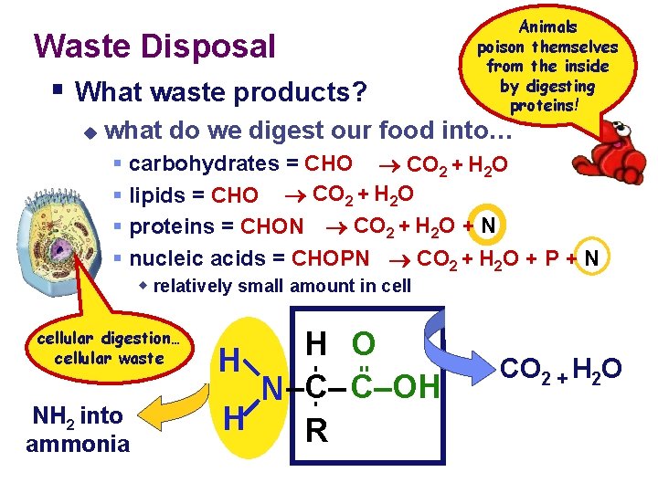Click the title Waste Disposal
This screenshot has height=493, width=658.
coord(154,46)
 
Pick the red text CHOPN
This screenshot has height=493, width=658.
coord(330,258)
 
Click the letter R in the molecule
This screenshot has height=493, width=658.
coord(317,430)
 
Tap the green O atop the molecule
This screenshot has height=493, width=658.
coord(364,344)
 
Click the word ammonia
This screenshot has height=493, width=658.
coord(78,444)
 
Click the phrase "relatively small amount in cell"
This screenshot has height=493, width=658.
coord(282,286)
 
